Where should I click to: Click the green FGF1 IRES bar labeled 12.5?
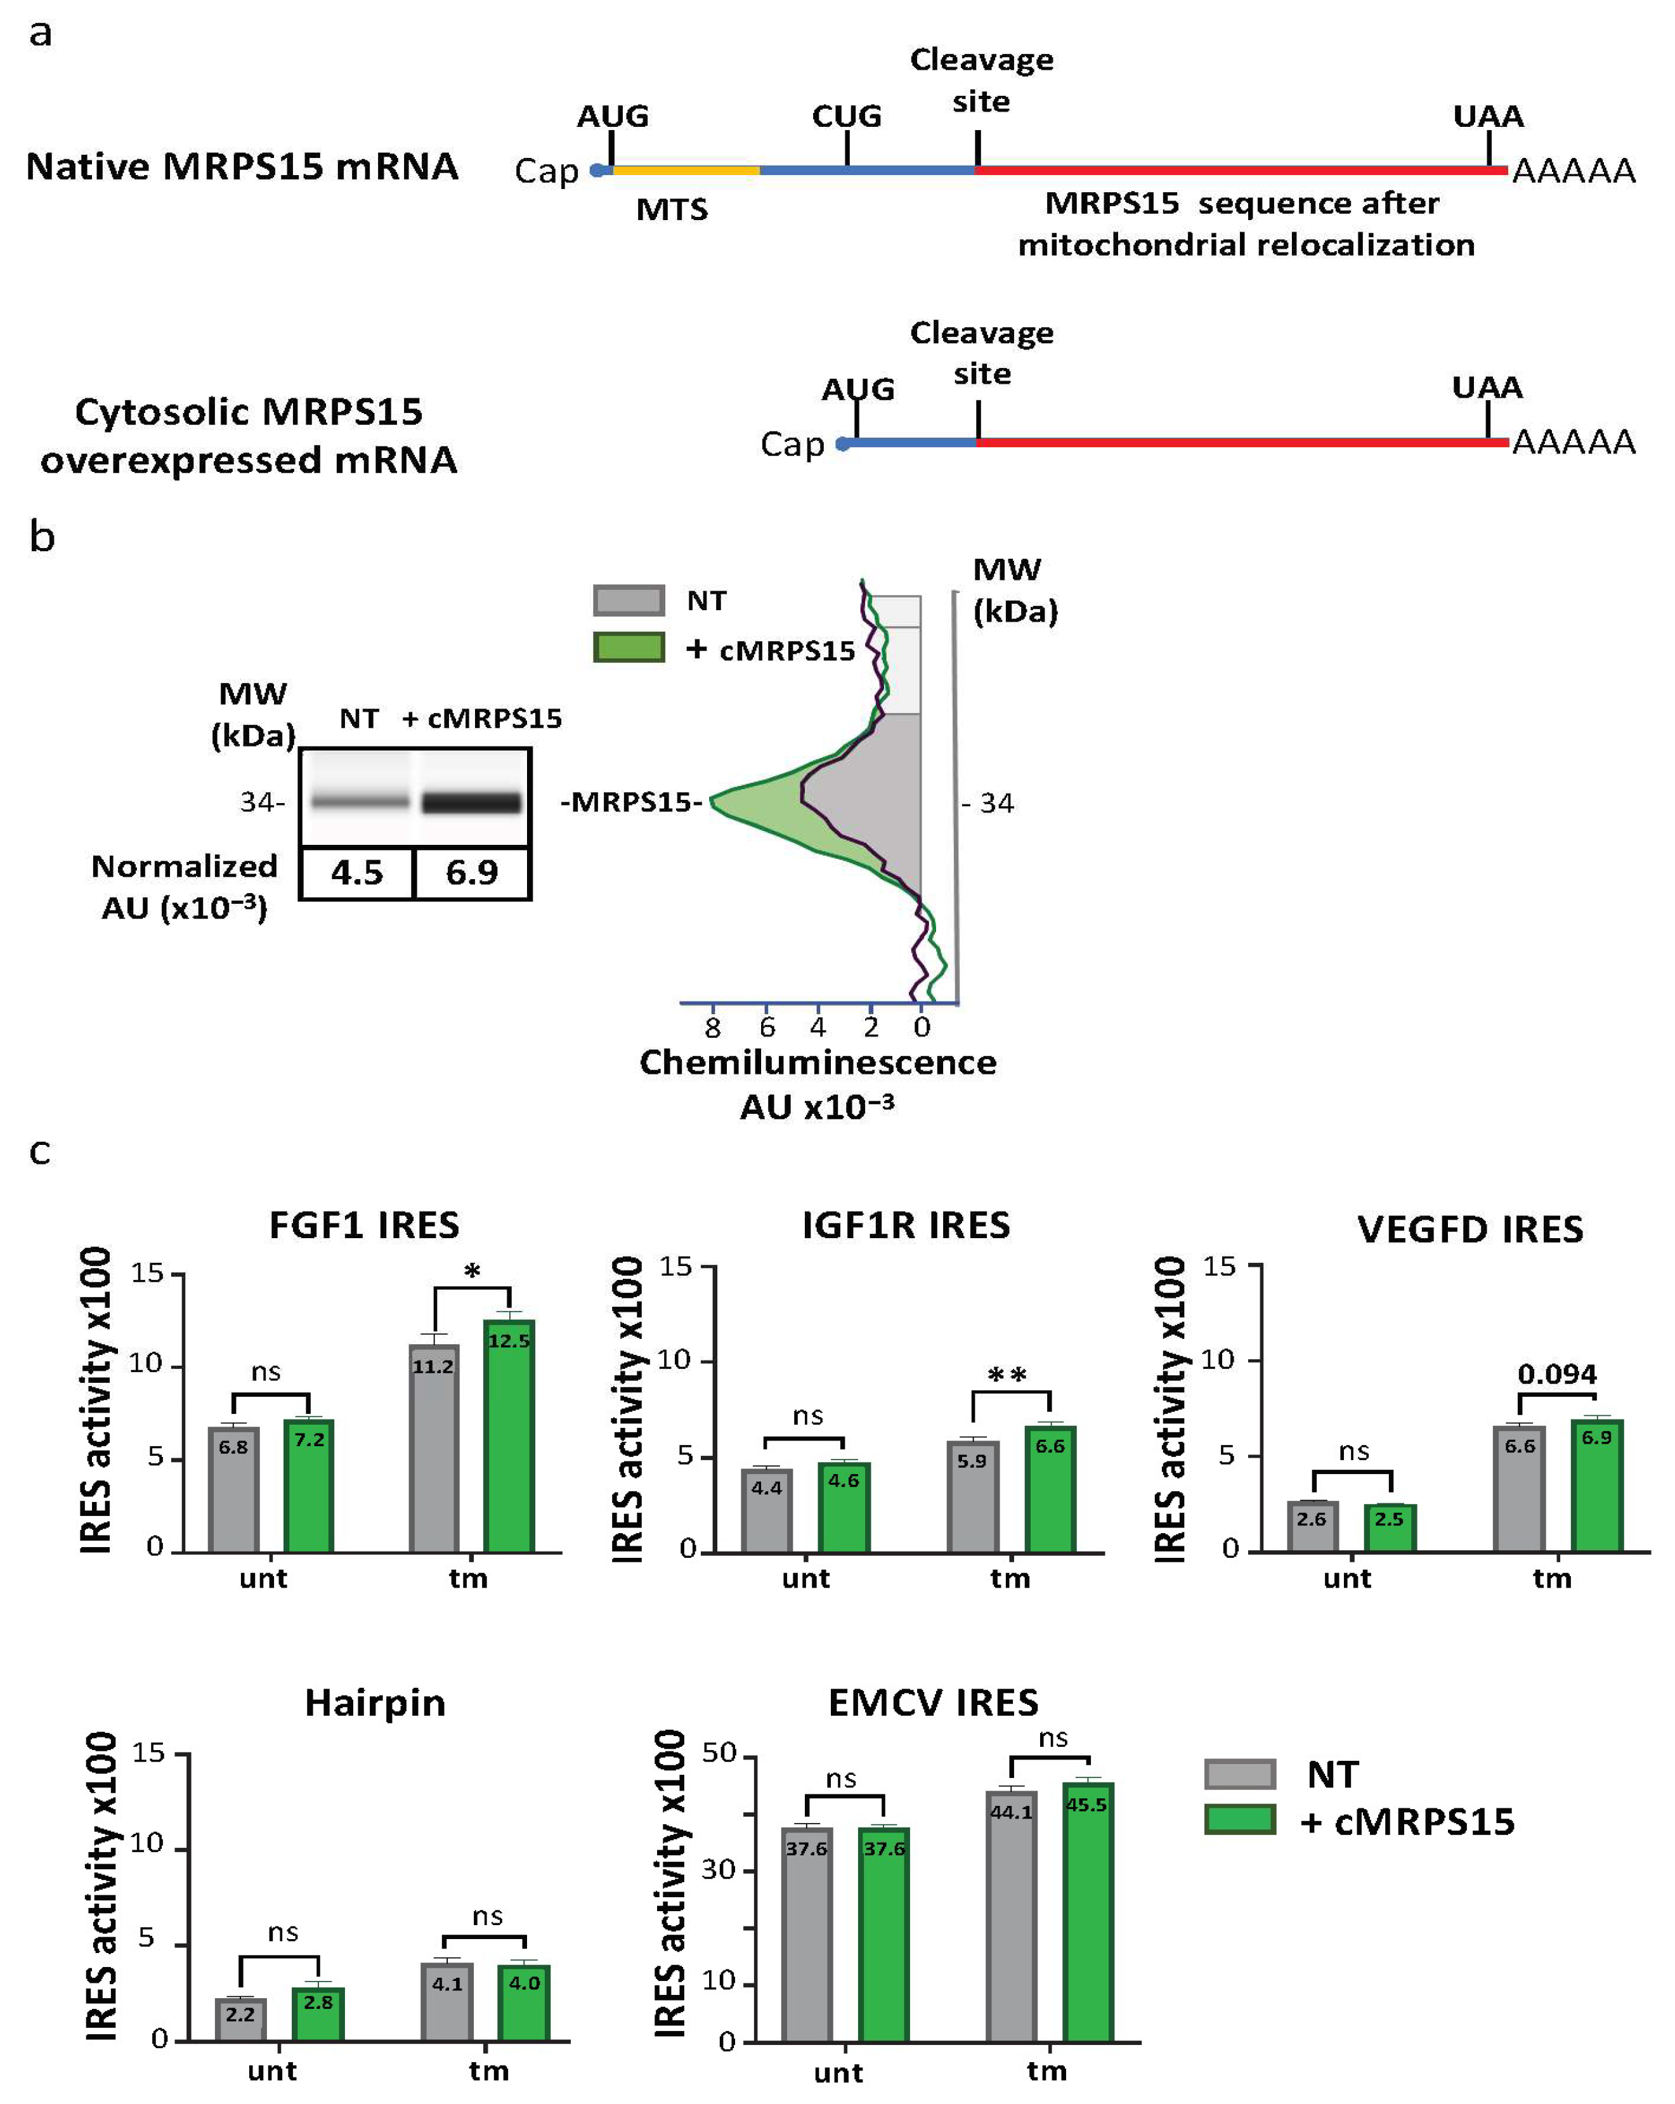(509, 1435)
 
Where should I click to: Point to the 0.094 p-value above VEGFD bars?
(1557, 1374)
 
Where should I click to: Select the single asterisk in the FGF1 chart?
(472, 1272)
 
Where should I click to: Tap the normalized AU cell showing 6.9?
(472, 872)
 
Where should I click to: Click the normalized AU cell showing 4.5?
(357, 872)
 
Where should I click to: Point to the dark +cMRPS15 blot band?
(472, 802)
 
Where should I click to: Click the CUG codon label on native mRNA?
(847, 116)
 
